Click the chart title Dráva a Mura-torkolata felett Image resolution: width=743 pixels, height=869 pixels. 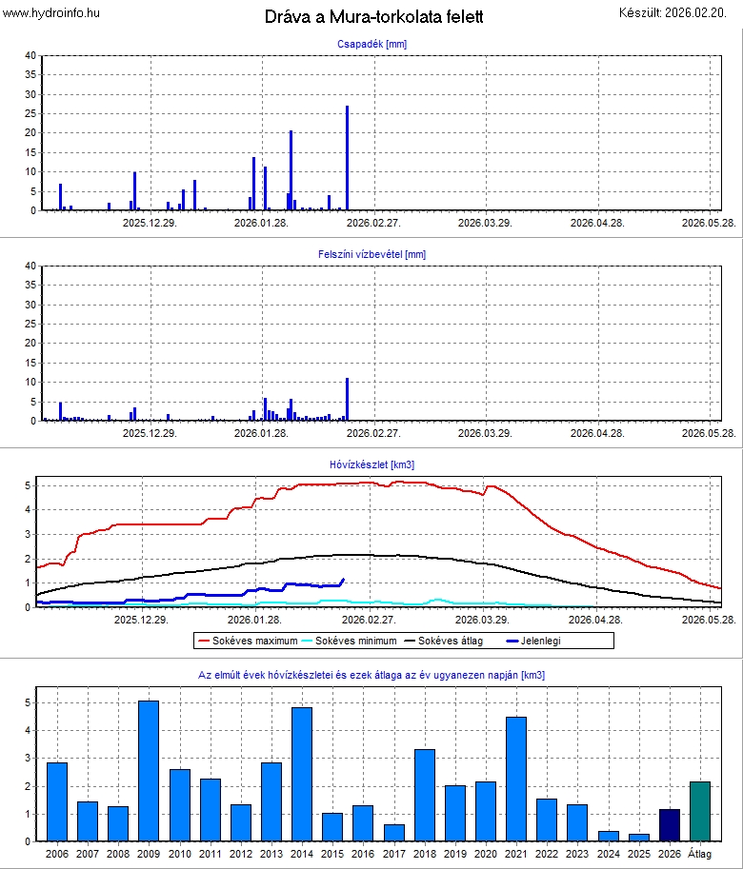coord(373,17)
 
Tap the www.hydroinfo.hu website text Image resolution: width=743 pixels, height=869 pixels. coord(51,12)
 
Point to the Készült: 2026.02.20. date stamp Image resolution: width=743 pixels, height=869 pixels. coord(677,12)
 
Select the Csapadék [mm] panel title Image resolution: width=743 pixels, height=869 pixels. coord(371,44)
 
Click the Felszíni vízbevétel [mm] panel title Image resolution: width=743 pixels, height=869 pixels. coord(371,254)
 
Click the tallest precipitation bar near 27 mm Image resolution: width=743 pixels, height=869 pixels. coord(347,158)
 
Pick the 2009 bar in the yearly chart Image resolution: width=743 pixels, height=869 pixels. coord(149,771)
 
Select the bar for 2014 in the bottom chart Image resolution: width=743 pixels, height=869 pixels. coord(302,774)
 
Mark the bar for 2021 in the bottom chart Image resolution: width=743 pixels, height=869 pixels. coord(516,779)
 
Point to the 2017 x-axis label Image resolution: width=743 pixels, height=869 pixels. coord(393,856)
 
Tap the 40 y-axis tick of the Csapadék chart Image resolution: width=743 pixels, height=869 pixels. coord(30,55)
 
